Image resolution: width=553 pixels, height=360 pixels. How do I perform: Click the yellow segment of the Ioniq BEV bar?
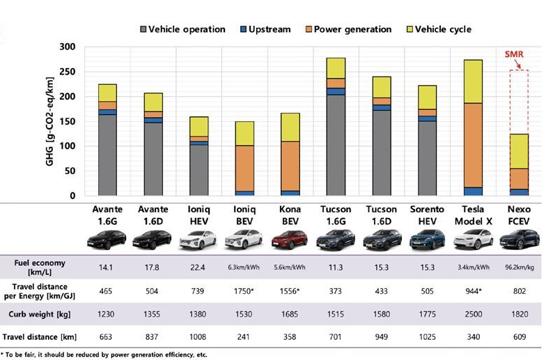(245, 133)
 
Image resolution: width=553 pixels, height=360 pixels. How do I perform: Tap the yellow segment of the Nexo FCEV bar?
(519, 151)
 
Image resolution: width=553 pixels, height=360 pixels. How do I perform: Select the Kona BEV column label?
(290, 215)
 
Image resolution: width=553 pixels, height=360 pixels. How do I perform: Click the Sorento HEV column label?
(428, 215)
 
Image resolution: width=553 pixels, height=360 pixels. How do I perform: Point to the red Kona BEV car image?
(290, 240)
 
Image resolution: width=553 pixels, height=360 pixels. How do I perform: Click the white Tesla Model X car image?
(474, 240)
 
